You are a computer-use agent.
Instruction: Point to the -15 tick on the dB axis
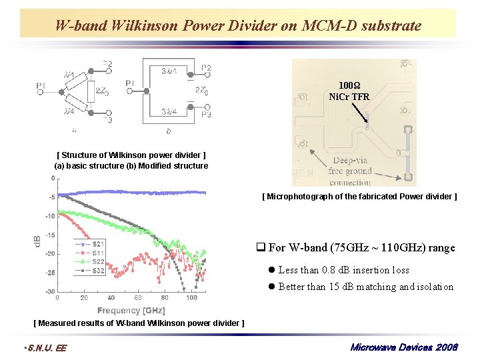pyautogui.click(x=49, y=235)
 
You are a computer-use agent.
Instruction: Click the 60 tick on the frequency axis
pyautogui.click(x=137, y=298)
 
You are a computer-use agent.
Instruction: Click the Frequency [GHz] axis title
pyautogui.click(x=131, y=310)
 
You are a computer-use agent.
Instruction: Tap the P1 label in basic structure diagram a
pyautogui.click(x=41, y=85)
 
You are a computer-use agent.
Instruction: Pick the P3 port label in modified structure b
pyautogui.click(x=205, y=115)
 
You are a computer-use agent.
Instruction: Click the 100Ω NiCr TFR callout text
pyautogui.click(x=349, y=91)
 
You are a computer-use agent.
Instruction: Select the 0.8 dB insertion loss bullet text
pyautogui.click(x=343, y=270)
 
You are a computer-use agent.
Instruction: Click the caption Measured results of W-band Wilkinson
pyautogui.click(x=139, y=323)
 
